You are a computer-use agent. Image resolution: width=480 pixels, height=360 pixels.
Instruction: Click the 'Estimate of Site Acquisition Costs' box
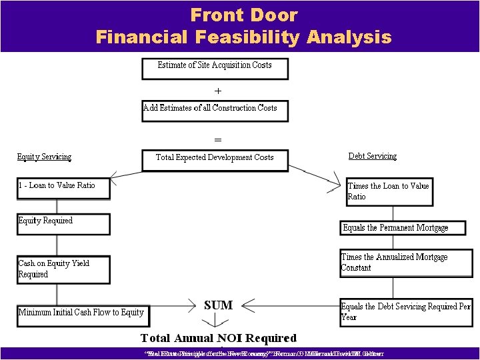(215, 68)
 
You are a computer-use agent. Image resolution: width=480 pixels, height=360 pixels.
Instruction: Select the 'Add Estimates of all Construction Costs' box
(215, 110)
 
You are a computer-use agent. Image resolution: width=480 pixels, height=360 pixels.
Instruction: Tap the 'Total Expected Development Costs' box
(215, 159)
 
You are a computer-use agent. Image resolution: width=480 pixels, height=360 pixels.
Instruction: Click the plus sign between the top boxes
(217, 90)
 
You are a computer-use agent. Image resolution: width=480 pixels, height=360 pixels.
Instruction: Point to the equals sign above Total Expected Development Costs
(217, 140)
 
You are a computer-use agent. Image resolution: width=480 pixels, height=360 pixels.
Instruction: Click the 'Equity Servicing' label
(44, 157)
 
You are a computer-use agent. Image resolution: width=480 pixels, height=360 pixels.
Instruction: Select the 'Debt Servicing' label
(372, 156)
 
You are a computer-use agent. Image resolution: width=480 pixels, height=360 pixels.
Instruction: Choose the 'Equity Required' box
(63, 223)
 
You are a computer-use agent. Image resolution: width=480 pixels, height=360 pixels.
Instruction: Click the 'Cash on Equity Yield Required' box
(63, 269)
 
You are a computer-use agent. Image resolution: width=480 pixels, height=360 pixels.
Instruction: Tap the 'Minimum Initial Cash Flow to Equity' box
(81, 313)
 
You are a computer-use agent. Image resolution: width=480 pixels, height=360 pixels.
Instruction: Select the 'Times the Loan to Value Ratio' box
(389, 191)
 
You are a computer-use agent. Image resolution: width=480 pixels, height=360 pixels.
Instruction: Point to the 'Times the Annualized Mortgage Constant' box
(405, 263)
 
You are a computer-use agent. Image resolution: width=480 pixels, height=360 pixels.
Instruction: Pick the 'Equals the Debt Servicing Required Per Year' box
(405, 312)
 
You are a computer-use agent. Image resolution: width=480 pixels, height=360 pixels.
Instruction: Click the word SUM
(218, 305)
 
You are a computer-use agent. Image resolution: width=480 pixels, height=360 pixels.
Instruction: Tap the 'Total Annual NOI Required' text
(218, 338)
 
